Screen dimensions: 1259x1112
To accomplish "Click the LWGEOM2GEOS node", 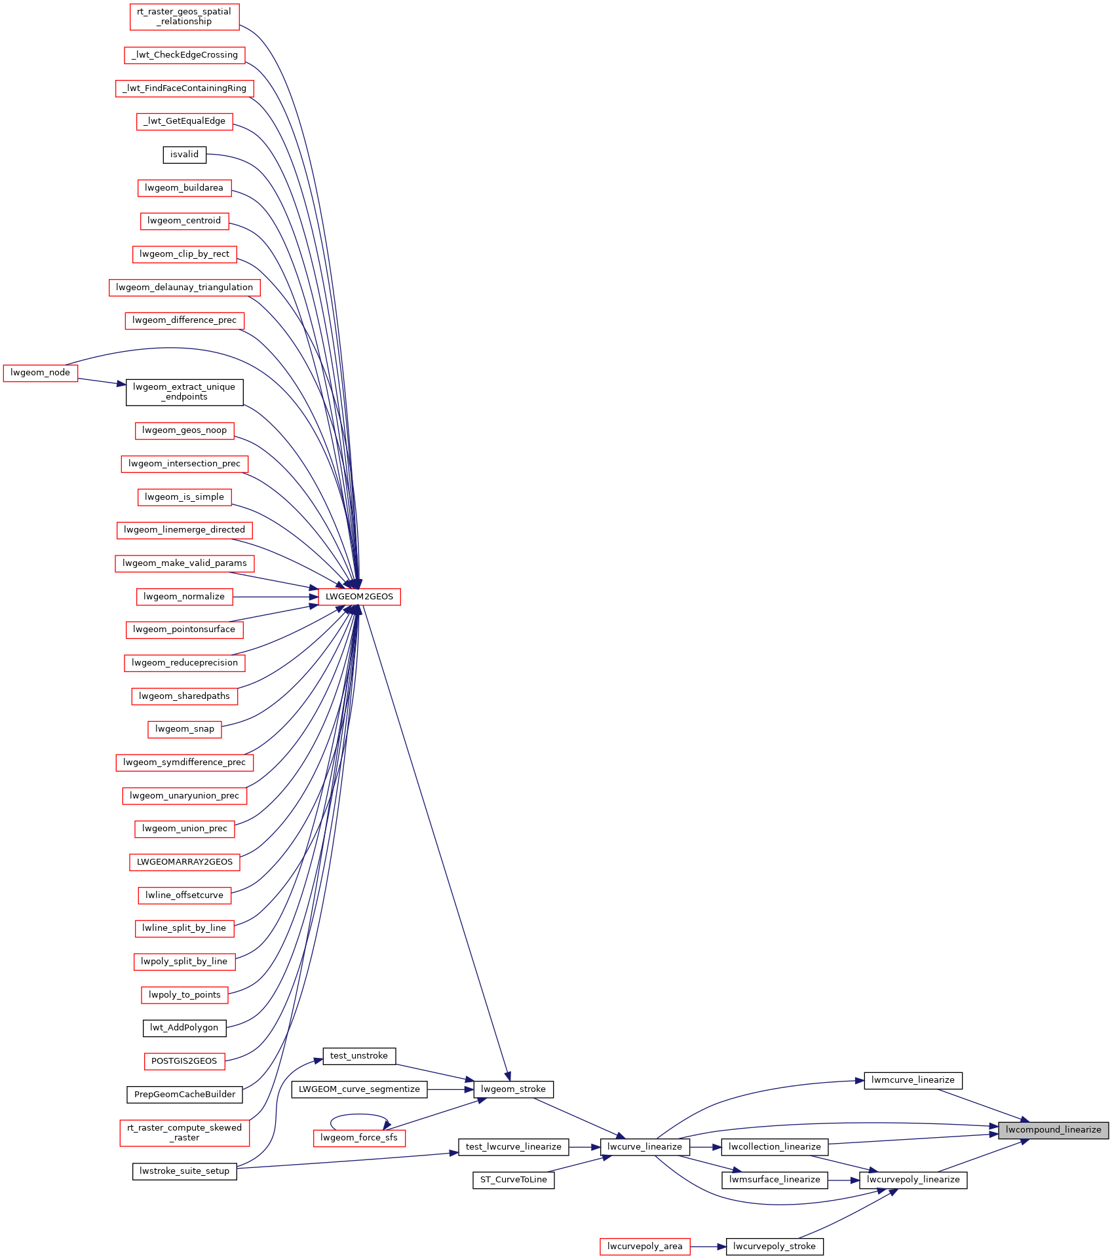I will click(x=359, y=597).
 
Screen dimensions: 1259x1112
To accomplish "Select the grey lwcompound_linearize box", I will click(x=1053, y=1130).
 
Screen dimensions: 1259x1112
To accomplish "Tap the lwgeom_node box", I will click(x=41, y=373).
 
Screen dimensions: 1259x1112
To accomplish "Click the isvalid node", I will click(x=184, y=155).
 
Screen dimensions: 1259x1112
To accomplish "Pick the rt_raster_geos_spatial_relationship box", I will click(x=184, y=16).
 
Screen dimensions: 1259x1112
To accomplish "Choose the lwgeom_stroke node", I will click(x=513, y=1089).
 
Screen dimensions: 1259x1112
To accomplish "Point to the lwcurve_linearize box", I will click(x=644, y=1147).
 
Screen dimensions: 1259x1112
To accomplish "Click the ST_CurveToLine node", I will click(x=513, y=1180).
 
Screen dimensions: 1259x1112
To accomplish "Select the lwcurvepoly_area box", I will click(x=644, y=1247).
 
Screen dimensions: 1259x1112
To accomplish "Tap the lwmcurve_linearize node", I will click(x=913, y=1080).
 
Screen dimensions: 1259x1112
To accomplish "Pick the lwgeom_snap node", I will click(x=185, y=729).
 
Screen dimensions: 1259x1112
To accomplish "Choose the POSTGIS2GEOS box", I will click(x=184, y=1061).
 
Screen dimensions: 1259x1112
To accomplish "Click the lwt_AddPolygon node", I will click(x=184, y=1028).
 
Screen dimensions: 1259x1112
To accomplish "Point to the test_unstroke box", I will click(x=359, y=1056).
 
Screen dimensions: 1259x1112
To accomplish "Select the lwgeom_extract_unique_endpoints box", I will click(x=184, y=392).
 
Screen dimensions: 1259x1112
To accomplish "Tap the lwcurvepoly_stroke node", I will click(x=774, y=1247).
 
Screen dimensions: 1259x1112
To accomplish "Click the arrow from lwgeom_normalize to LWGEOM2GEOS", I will click(x=275, y=597).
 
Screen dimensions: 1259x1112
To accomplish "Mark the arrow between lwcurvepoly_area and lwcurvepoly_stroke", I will click(x=708, y=1247).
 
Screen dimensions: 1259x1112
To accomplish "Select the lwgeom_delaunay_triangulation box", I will click(x=184, y=288).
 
